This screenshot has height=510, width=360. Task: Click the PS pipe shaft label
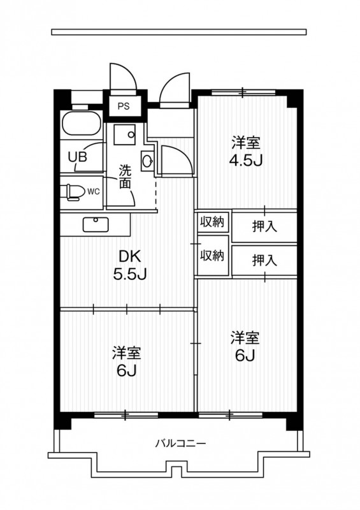[124, 106]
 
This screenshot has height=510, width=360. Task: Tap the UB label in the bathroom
[77, 157]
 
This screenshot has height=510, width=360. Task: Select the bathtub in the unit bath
[82, 123]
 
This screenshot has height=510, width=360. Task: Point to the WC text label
[93, 192]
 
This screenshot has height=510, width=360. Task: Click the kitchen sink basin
[96, 224]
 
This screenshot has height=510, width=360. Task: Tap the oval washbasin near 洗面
[147, 161]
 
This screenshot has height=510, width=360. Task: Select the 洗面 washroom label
[125, 177]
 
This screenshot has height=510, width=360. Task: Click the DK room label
[130, 257]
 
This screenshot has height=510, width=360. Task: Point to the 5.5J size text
[130, 274]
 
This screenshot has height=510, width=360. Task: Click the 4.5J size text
[245, 160]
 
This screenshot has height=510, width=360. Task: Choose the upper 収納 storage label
[212, 222]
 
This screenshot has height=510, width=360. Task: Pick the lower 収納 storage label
[212, 256]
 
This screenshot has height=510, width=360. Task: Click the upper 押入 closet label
[264, 226]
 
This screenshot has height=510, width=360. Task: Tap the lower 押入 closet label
[264, 260]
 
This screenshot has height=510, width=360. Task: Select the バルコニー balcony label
[180, 443]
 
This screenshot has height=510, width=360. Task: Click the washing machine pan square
[124, 135]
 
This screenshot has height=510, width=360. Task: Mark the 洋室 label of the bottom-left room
[127, 354]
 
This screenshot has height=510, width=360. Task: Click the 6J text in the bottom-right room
[245, 356]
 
